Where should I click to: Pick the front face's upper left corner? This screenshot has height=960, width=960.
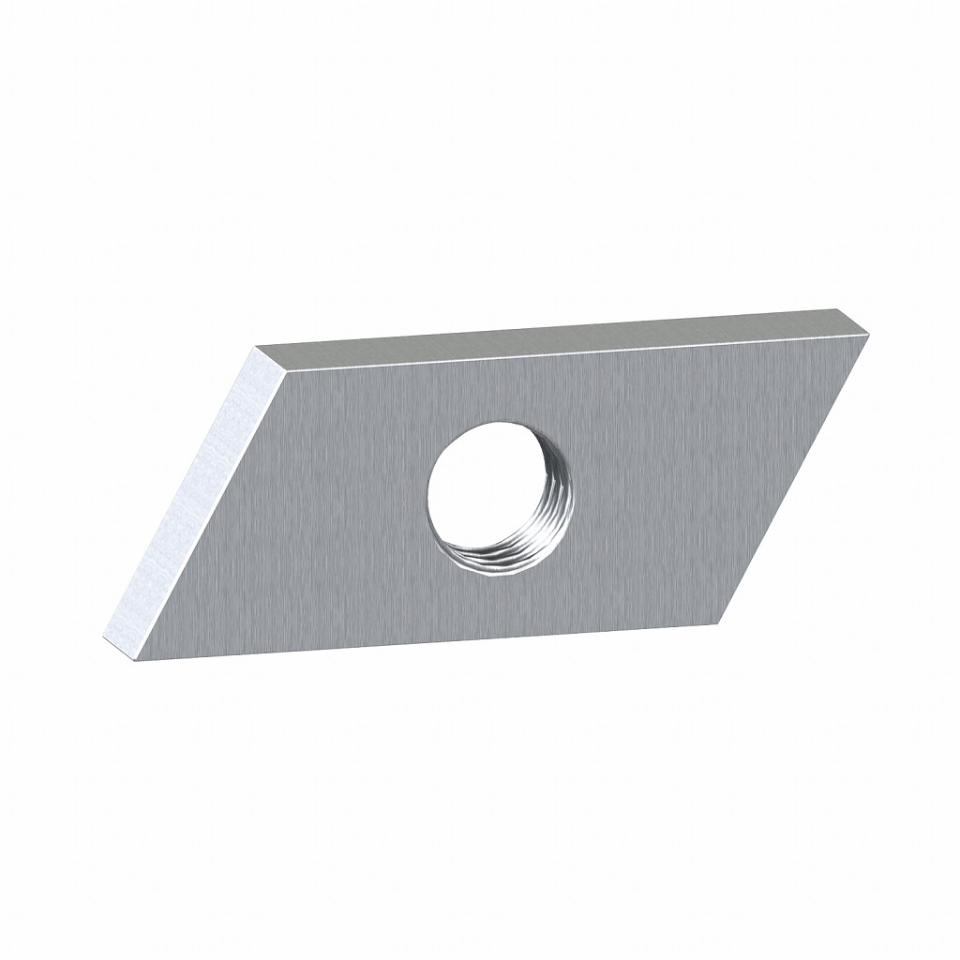tap(282, 367)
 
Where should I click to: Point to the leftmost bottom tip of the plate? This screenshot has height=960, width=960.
tap(105, 640)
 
